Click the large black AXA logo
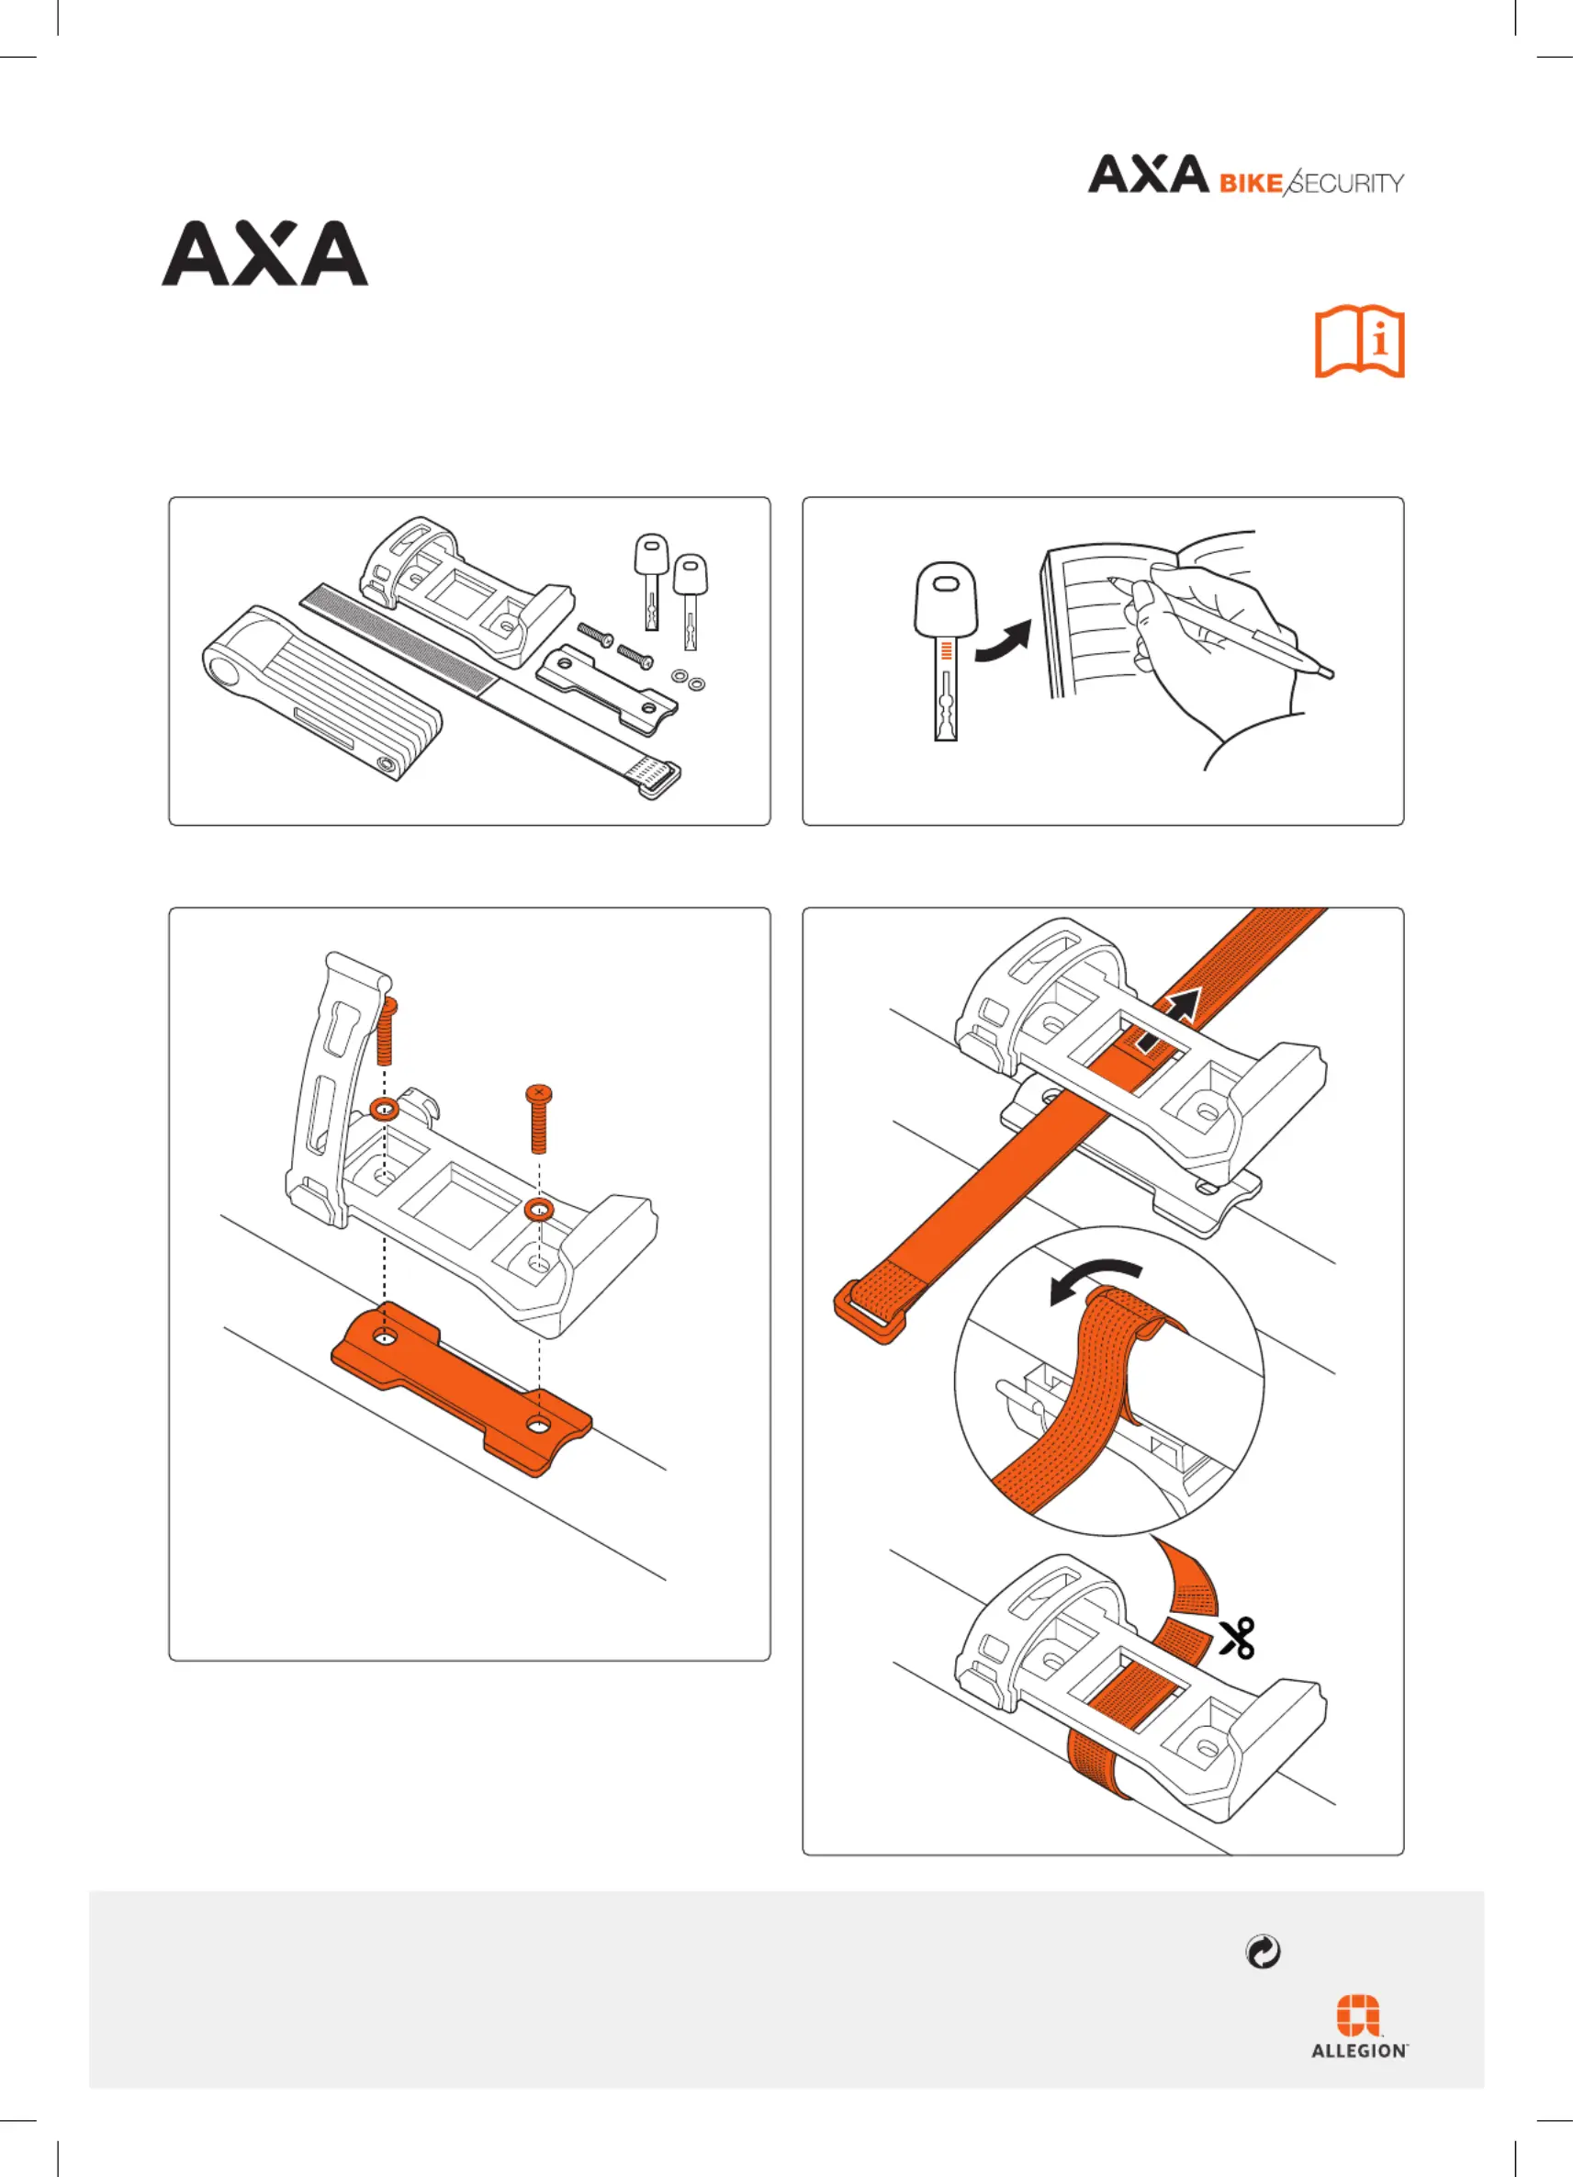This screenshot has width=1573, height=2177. (264, 254)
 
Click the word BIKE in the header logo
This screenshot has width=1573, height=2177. (1251, 184)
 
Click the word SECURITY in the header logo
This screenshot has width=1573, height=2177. (1344, 182)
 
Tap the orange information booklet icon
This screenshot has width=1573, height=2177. (1359, 343)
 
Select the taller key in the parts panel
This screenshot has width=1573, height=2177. (652, 580)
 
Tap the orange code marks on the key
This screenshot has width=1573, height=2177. (947, 649)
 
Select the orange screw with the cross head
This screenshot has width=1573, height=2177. (539, 1118)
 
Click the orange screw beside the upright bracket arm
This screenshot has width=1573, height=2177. (387, 1031)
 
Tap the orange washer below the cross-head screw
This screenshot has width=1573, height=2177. (539, 1210)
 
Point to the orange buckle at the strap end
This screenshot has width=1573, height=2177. (869, 1309)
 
